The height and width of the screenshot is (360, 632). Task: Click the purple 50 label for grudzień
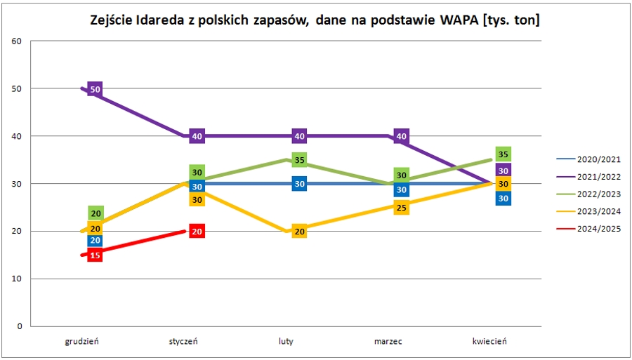(96, 89)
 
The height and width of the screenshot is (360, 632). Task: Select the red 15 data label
(96, 255)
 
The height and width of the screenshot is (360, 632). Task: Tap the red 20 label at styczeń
(197, 232)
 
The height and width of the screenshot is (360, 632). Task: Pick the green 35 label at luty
(299, 160)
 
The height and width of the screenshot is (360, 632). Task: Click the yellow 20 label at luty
(299, 232)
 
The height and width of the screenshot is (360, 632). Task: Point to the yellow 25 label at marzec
(401, 208)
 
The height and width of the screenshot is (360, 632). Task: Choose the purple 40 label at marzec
(401, 136)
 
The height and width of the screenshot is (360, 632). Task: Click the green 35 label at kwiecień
(503, 154)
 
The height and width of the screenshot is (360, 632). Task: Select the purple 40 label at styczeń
(197, 136)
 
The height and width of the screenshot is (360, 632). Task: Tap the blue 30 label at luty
(299, 184)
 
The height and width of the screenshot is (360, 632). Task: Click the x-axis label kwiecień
(489, 342)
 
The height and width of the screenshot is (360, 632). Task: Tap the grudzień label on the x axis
(82, 342)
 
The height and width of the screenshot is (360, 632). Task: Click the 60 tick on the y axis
(18, 41)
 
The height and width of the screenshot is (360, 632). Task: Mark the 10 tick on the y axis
(18, 279)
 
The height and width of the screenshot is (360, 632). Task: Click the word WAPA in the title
(459, 20)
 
